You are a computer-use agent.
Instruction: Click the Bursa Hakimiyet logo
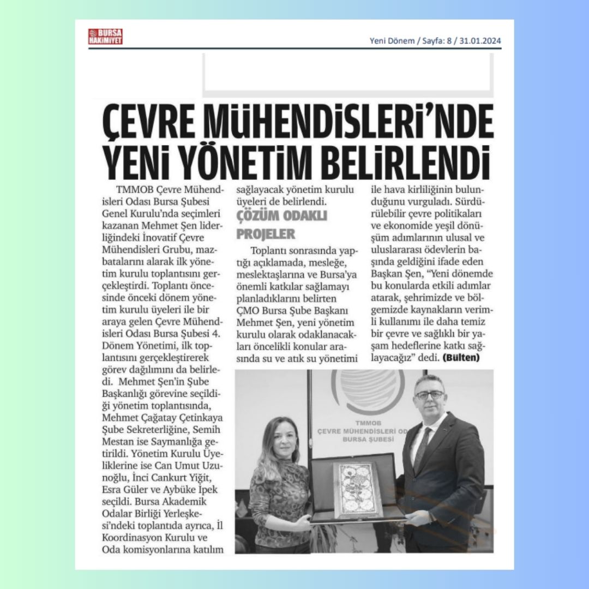[x=106, y=37]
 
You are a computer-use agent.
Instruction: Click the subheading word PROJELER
[x=266, y=234]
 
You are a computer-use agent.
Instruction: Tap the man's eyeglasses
[x=430, y=394]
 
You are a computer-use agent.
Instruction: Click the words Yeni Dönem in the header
[x=392, y=40]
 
